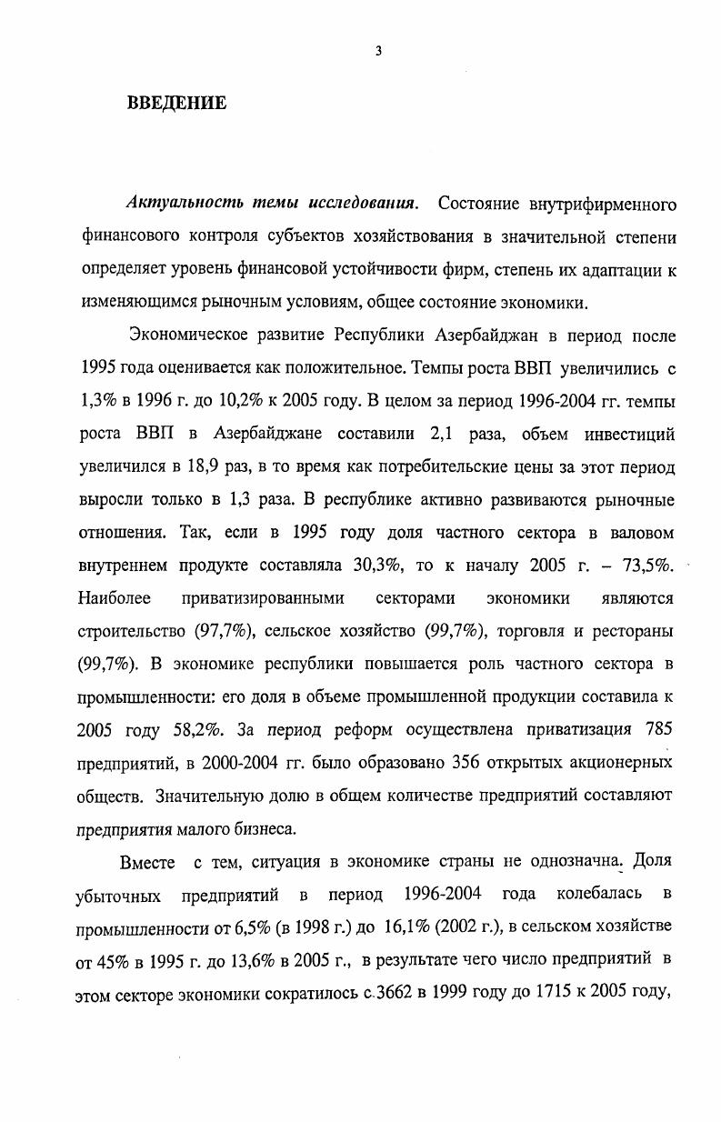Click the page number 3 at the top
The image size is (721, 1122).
[x=378, y=52]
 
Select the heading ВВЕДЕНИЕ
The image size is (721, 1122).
[x=176, y=103]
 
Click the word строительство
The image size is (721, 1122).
[x=133, y=631]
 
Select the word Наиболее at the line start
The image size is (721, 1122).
[x=113, y=598]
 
